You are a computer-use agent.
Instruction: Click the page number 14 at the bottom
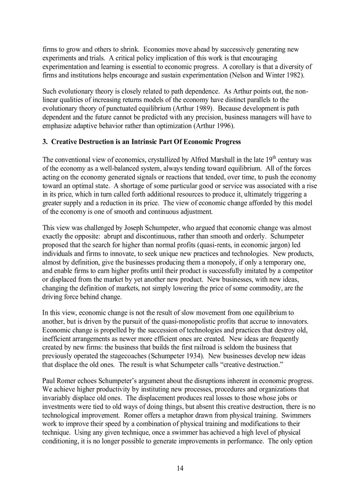click(180, 468)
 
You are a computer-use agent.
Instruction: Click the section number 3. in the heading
click(45, 142)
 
